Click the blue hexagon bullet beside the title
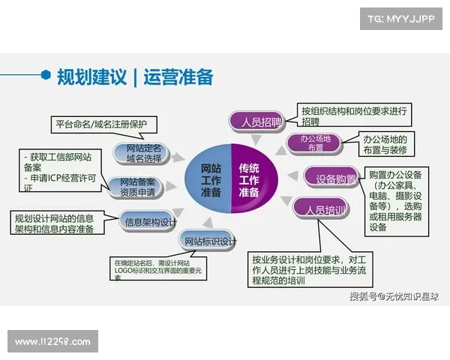[46, 75]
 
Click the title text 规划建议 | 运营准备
[135, 76]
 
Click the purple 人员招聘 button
[256, 120]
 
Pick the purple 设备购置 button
[331, 178]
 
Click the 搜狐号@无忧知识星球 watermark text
[394, 296]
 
